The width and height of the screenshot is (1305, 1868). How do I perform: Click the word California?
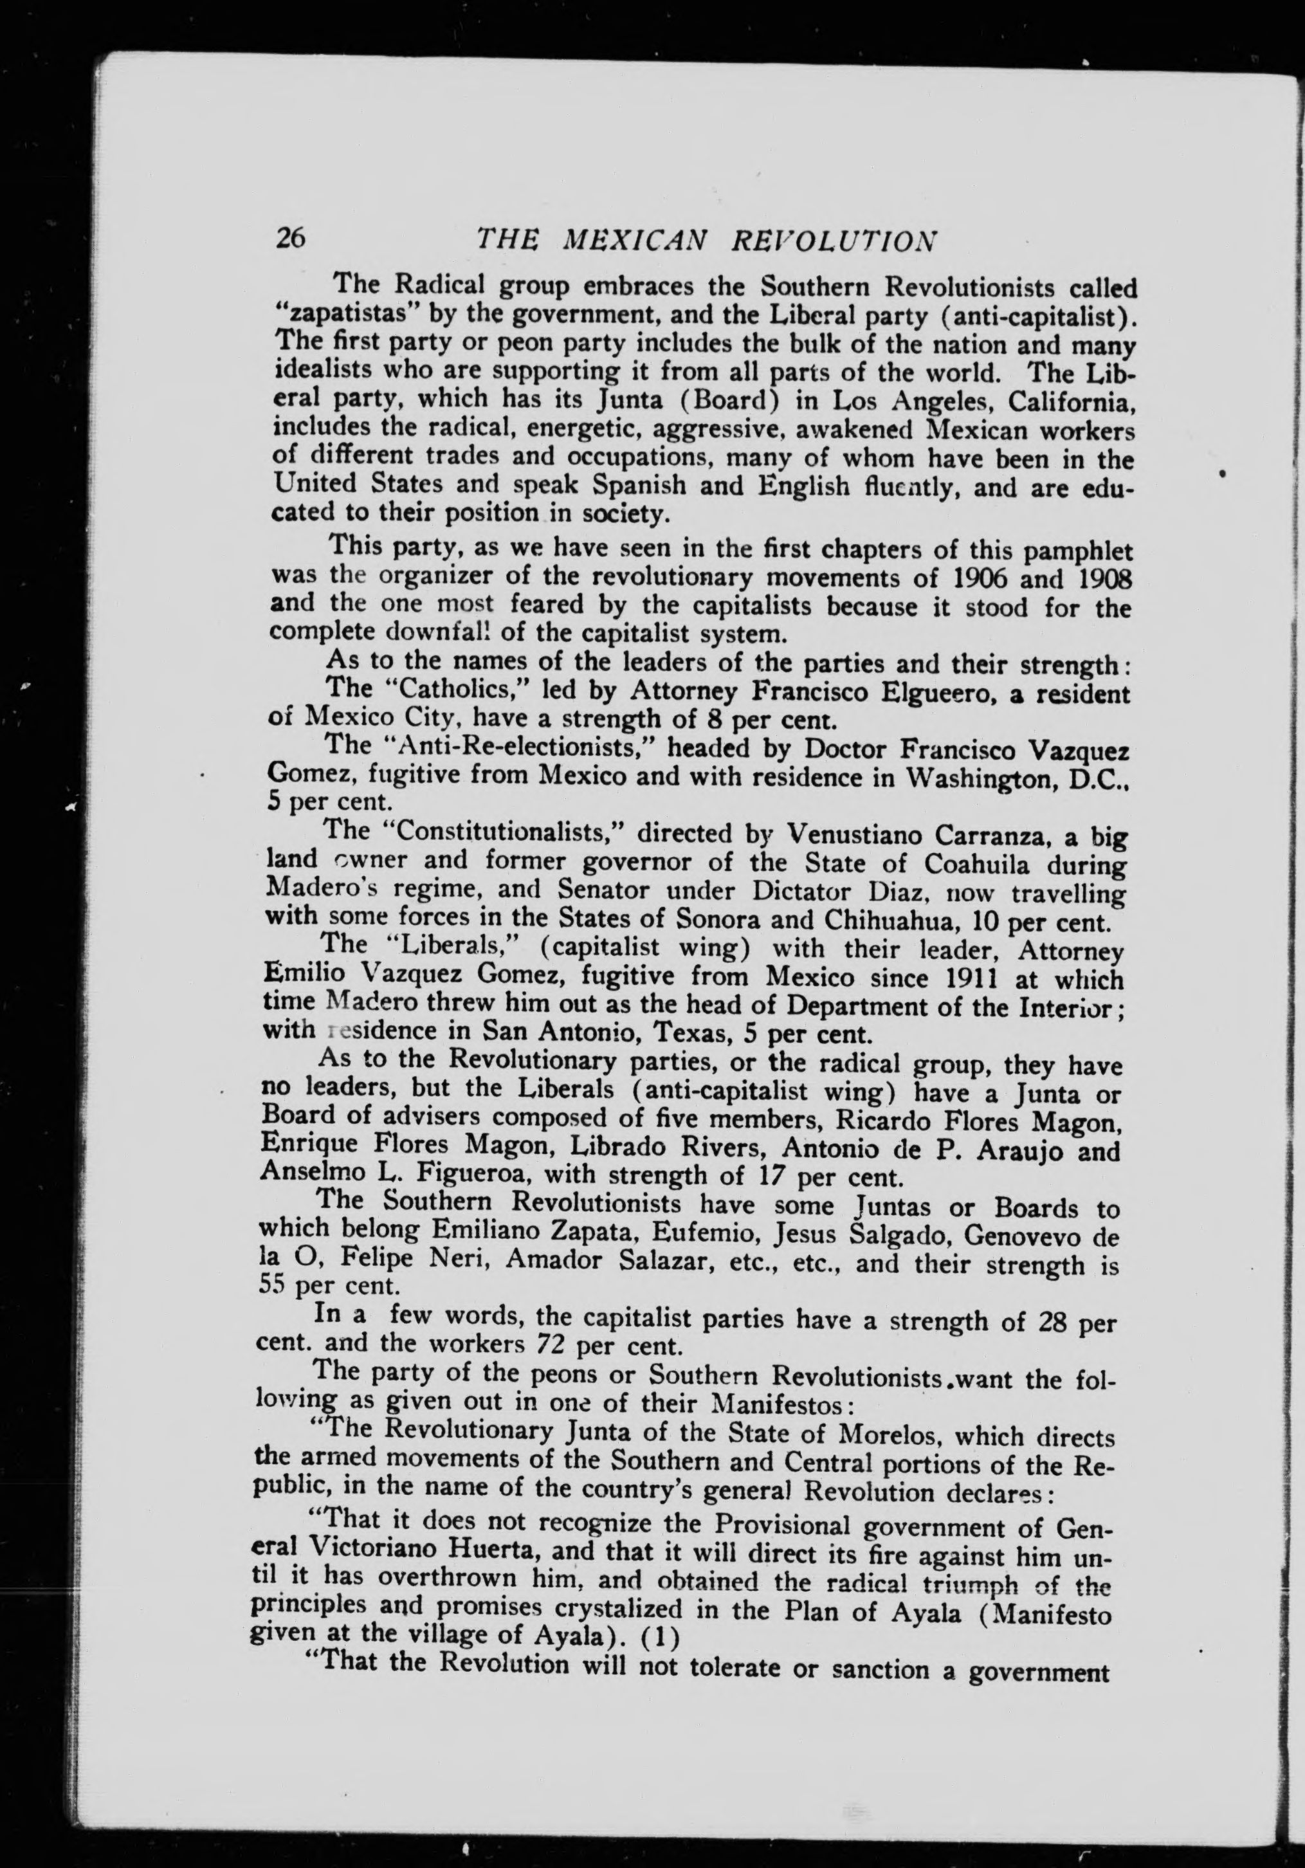(x=1062, y=401)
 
